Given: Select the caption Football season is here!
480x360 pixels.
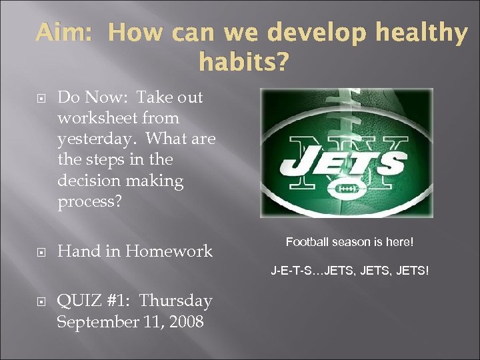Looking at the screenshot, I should click(349, 242).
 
